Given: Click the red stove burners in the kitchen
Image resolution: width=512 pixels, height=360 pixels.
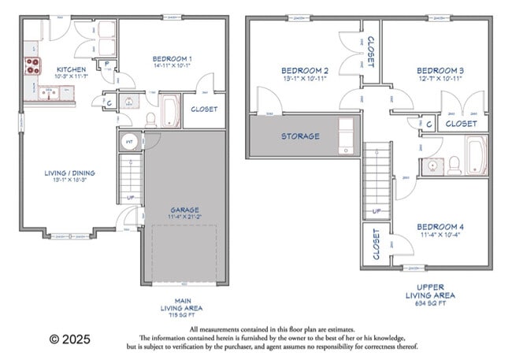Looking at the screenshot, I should [32, 66].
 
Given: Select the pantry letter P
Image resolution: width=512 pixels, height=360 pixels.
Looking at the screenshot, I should [106, 64].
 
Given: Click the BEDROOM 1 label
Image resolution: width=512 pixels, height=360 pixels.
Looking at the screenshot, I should [171, 59].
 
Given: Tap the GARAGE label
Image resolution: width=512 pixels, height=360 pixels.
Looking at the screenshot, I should [185, 210].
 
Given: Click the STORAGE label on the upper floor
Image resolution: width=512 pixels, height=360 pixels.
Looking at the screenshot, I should [301, 136].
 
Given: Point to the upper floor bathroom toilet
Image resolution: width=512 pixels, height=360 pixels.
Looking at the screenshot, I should [454, 165].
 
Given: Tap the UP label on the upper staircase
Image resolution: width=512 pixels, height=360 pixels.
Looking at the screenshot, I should [377, 211].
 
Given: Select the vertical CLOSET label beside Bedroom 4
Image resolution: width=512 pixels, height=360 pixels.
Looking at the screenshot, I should [375, 244].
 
